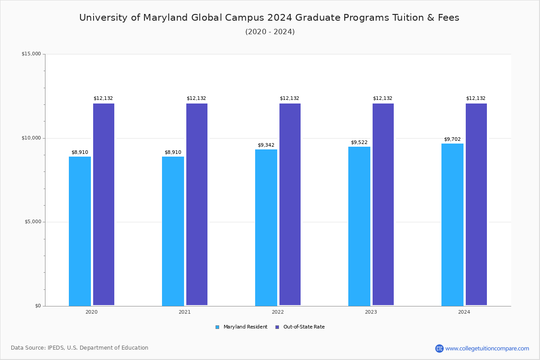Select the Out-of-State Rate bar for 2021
click(197, 204)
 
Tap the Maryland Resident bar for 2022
click(266, 227)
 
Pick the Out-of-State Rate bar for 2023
click(383, 204)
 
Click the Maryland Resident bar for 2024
click(452, 225)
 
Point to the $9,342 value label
click(266, 145)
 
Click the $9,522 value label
click(359, 143)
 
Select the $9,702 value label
click(452, 139)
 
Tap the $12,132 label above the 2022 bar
click(289, 99)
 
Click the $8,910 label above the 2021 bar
click(173, 153)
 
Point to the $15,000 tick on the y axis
click(31, 54)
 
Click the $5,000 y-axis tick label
click(31, 222)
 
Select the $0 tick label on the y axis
click(37, 306)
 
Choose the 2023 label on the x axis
click(371, 312)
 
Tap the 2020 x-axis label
click(91, 312)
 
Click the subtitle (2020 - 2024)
click(270, 32)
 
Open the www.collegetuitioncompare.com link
click(487, 348)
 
